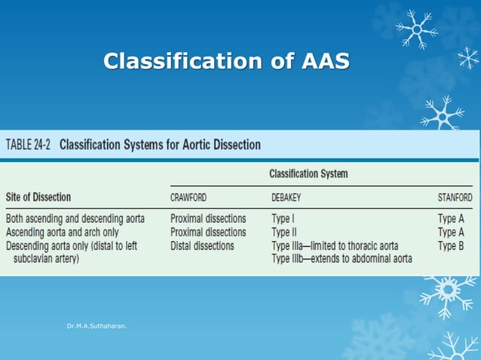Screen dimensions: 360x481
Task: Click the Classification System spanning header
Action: pyautogui.click(x=308, y=174)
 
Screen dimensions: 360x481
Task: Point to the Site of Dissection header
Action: pyautogui.click(x=38, y=197)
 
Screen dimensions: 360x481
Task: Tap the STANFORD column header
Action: pyautogui.click(x=455, y=198)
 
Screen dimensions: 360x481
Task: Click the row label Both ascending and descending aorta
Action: pyautogui.click(x=75, y=219)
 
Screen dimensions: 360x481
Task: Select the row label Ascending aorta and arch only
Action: pyautogui.click(x=62, y=232)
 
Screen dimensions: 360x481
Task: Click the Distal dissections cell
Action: pyautogui.click(x=202, y=246)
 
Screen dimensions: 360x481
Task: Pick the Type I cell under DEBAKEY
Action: pyautogui.click(x=283, y=219)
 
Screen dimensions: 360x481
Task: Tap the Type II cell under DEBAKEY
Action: pyautogui.click(x=285, y=232)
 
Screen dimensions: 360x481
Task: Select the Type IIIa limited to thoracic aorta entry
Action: pyautogui.click(x=334, y=246)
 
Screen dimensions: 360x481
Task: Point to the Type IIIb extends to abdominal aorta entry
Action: pyautogui.click(x=342, y=258)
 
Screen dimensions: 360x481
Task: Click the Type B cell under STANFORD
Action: pyautogui.click(x=451, y=246)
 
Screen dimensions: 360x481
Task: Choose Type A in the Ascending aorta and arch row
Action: pyautogui.click(x=451, y=232)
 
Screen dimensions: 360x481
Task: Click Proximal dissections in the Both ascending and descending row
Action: pyautogui.click(x=208, y=219)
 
